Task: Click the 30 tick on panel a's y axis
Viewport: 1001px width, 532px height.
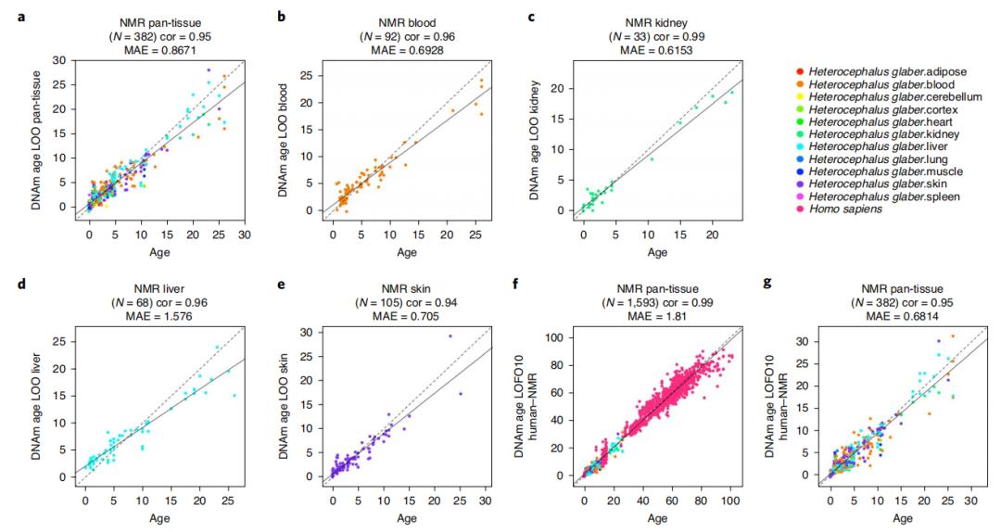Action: (x=59, y=61)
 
